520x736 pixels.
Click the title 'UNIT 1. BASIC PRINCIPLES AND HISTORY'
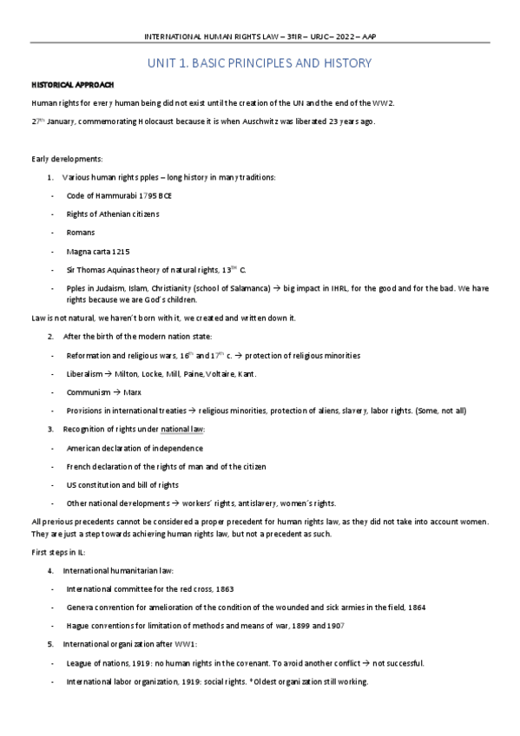tap(260, 63)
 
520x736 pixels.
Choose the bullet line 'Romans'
tap(81, 233)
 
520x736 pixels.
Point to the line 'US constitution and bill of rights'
tap(122, 485)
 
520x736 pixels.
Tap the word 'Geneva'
tap(82, 607)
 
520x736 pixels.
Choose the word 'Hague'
tap(80, 625)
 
